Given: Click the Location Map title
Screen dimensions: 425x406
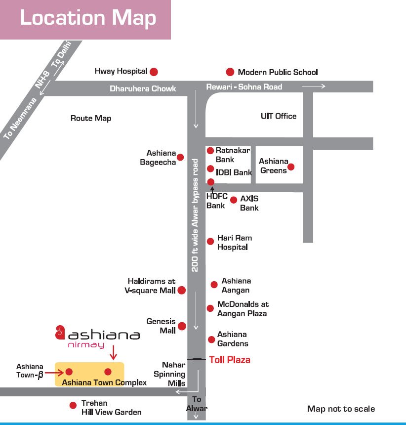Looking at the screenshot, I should pyautogui.click(x=88, y=18).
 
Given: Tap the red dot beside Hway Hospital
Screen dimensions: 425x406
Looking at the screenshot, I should pyautogui.click(x=154, y=72).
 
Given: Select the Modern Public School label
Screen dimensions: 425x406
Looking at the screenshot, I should pyautogui.click(x=278, y=72).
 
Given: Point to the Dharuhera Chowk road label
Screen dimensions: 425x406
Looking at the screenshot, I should pyautogui.click(x=143, y=88).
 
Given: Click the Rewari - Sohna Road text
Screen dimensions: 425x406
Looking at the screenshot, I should pyautogui.click(x=244, y=87).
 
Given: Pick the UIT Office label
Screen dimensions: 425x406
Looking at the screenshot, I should pyautogui.click(x=279, y=116).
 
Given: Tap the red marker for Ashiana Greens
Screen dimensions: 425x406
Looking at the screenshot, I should pyautogui.click(x=291, y=167).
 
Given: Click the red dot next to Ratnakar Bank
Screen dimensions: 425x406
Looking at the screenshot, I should pyautogui.click(x=210, y=150).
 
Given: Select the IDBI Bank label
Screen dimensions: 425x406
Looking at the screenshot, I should pyautogui.click(x=234, y=172).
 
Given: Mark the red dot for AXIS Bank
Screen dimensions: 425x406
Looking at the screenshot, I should pyautogui.click(x=234, y=200).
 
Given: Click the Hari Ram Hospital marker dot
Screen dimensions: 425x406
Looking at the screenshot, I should pyautogui.click(x=210, y=241).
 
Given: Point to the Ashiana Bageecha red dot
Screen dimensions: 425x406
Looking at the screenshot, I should pyautogui.click(x=180, y=157).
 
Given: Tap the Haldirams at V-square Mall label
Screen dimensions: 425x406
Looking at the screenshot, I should pyautogui.click(x=151, y=286).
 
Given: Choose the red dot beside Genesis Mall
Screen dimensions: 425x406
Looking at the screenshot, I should pyautogui.click(x=182, y=326).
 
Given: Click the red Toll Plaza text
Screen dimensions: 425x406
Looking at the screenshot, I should pyautogui.click(x=230, y=360).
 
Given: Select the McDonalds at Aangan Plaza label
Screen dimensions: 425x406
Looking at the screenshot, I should pyautogui.click(x=243, y=309).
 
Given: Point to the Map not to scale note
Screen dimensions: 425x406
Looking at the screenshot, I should pyautogui.click(x=341, y=409).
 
